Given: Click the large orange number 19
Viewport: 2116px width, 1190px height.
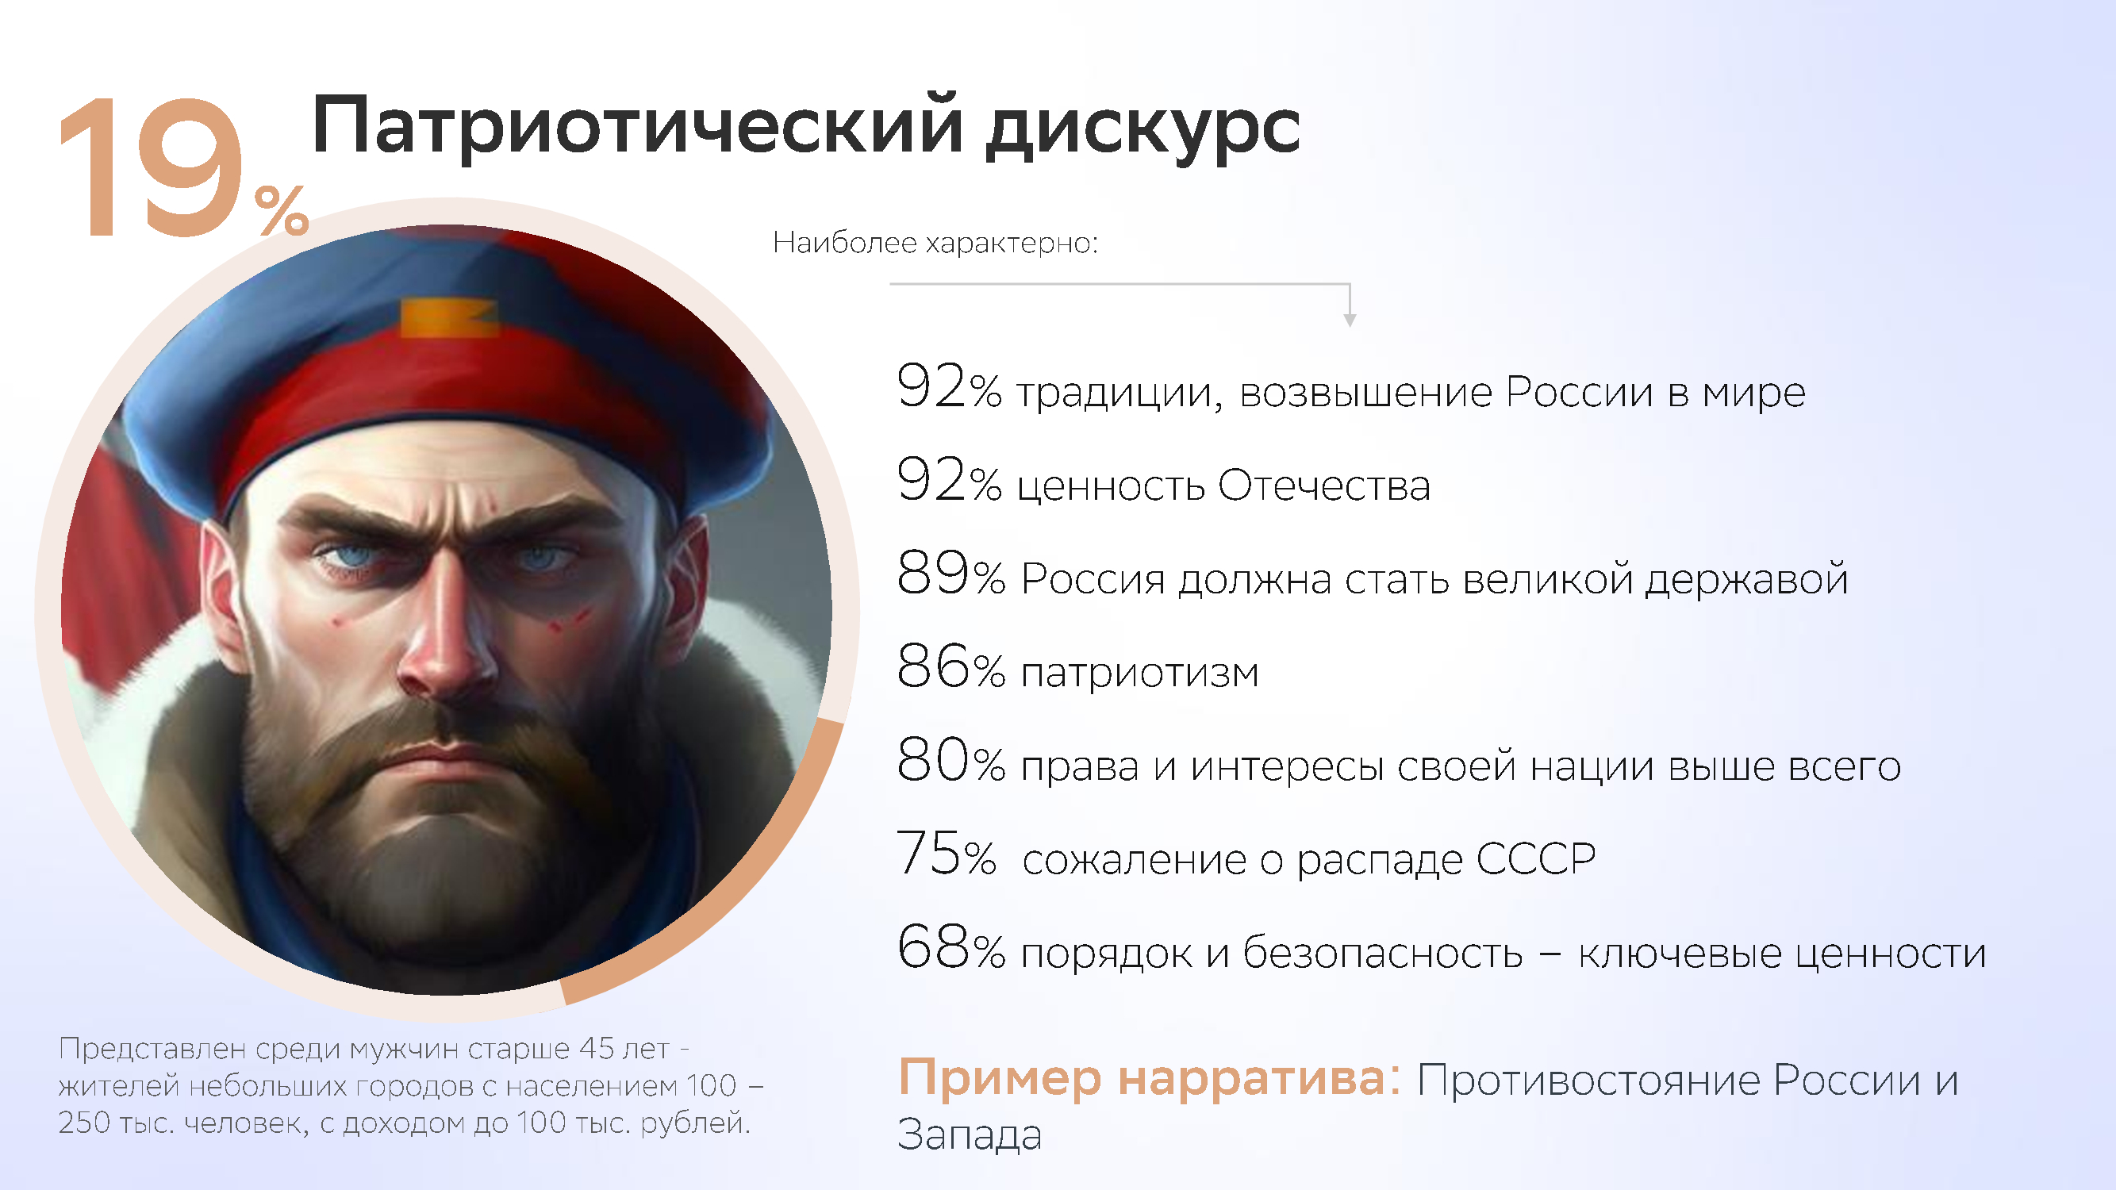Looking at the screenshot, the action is (x=152, y=167).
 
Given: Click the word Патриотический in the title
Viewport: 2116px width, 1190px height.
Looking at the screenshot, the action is (x=637, y=128).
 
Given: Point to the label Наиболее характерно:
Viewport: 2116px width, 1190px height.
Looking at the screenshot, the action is (x=935, y=243).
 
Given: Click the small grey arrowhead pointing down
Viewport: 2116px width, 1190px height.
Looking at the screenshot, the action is (x=1350, y=321).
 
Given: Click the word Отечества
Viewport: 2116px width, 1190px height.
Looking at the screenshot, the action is (x=1324, y=486).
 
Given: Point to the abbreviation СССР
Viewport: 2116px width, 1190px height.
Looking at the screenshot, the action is (x=1535, y=859).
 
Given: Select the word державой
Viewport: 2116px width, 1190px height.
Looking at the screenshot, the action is (x=1746, y=580).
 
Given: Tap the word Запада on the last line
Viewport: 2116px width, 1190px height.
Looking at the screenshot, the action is (x=970, y=1136).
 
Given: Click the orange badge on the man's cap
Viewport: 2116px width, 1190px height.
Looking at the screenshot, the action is (x=448, y=318).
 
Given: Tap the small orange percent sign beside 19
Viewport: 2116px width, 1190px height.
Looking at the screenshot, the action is (x=282, y=210).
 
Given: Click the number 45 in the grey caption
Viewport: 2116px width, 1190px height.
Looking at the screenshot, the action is (x=597, y=1049).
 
